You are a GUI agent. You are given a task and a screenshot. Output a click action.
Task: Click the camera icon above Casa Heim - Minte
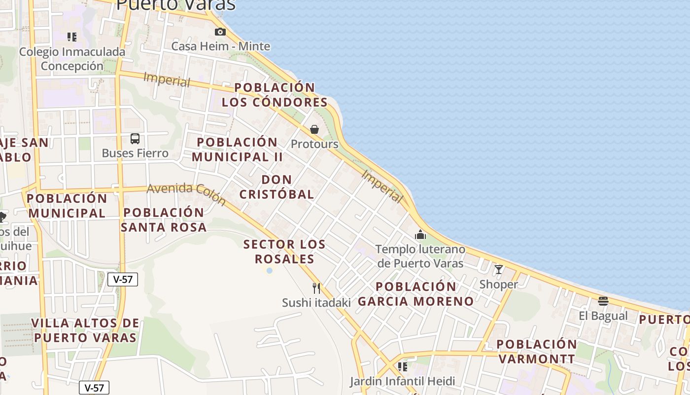click(220, 32)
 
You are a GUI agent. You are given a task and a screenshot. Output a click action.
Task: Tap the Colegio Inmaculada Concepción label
click(72, 59)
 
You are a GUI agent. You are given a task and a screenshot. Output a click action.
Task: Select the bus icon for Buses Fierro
click(135, 139)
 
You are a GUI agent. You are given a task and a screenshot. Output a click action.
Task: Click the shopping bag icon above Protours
click(314, 129)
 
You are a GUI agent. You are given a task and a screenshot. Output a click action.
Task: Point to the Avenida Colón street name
click(186, 193)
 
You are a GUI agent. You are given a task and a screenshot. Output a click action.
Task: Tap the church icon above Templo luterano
click(420, 235)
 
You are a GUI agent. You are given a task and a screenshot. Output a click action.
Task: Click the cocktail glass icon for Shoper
click(499, 270)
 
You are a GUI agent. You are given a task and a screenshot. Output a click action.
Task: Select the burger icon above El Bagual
click(603, 301)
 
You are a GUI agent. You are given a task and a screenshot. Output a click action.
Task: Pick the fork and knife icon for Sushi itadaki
click(316, 288)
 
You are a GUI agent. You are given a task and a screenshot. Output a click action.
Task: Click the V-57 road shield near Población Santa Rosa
click(123, 279)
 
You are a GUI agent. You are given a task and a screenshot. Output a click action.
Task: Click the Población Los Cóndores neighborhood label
click(275, 95)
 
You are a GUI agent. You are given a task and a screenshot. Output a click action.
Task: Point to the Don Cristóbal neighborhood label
click(276, 187)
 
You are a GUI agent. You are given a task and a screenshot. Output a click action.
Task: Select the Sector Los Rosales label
click(284, 251)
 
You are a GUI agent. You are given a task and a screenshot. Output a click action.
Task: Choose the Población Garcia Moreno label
click(415, 294)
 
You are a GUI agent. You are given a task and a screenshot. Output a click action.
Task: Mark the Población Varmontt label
click(536, 351)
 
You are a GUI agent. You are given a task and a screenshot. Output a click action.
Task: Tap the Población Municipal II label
click(237, 149)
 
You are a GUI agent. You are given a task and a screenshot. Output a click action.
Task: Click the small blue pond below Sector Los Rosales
click(269, 271)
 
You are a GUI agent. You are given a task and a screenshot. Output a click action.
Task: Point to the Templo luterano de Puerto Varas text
click(420, 256)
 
